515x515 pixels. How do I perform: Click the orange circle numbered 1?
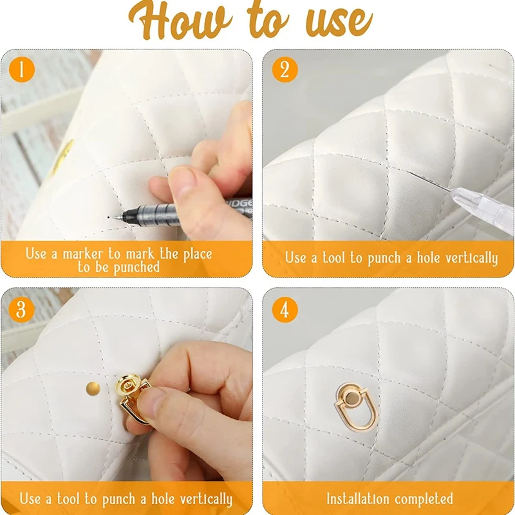click(x=22, y=70)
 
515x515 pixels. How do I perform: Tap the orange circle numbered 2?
click(x=285, y=70)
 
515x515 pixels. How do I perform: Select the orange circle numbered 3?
click(x=21, y=310)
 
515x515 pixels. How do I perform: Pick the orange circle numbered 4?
click(x=285, y=310)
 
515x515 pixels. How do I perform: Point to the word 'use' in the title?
click(x=339, y=23)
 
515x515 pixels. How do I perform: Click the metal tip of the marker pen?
click(x=117, y=217)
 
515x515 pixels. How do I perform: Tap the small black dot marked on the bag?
click(x=108, y=217)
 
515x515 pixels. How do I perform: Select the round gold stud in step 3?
click(x=93, y=389)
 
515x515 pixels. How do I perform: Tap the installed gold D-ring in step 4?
click(x=356, y=407)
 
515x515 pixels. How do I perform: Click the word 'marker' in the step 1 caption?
click(x=83, y=254)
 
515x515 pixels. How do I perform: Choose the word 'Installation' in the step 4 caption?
click(x=358, y=499)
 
